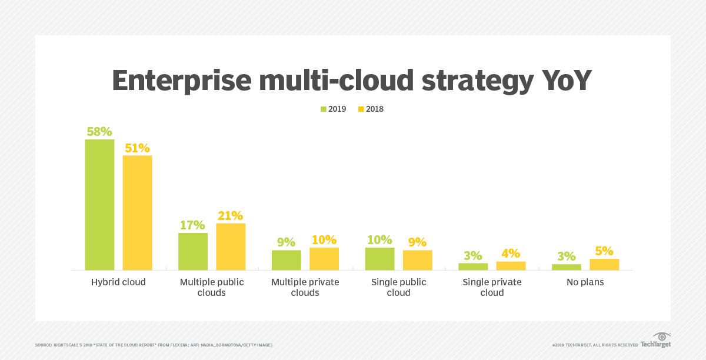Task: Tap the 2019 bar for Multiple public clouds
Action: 193,251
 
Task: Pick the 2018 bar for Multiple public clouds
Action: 231,246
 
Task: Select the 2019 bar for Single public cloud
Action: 380,259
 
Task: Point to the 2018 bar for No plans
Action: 605,264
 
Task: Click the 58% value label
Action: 99,131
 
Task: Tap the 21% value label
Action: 230,215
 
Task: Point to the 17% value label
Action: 192,225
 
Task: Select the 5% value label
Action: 605,251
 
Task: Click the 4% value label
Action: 511,254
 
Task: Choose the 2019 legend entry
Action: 334,109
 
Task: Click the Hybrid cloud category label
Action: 118,282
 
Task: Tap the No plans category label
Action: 585,282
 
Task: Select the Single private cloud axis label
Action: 492,287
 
